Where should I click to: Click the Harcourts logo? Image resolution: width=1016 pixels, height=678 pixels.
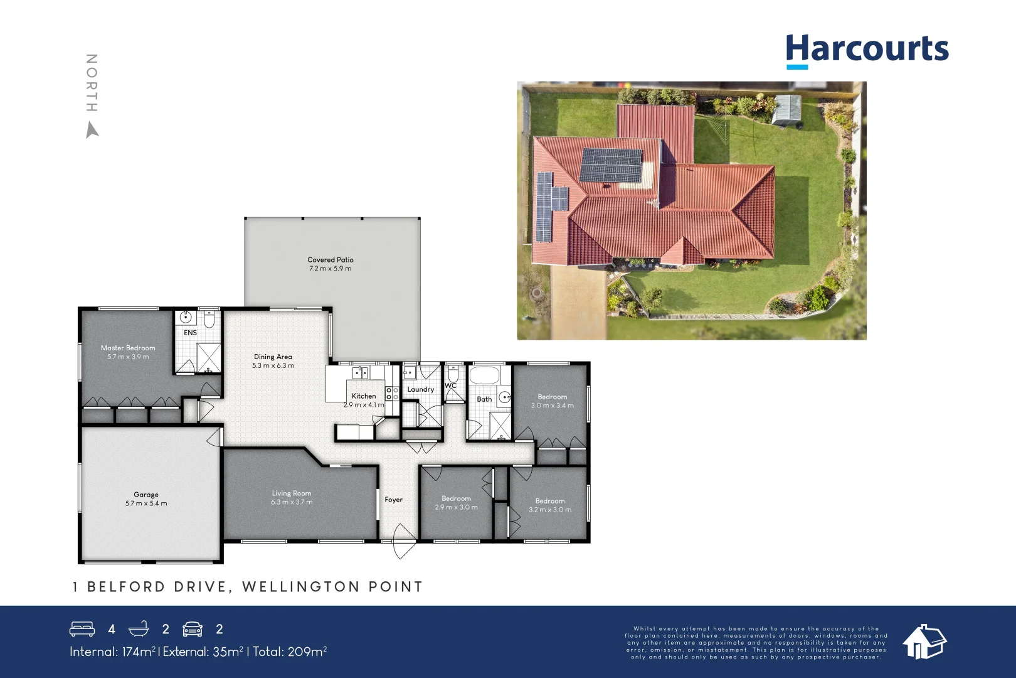coord(867,50)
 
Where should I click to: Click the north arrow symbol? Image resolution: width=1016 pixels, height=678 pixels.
coord(92,130)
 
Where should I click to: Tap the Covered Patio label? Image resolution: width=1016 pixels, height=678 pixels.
coord(331,260)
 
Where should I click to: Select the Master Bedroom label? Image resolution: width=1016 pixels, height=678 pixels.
coord(128,348)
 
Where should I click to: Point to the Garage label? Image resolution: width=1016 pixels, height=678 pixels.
coord(146,495)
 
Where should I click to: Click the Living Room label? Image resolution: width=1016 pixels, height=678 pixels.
coord(292,493)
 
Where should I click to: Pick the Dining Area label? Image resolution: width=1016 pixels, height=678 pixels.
coord(273,357)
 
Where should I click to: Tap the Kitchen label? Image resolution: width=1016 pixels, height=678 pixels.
coord(364,396)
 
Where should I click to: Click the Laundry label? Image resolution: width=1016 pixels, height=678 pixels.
coord(421,389)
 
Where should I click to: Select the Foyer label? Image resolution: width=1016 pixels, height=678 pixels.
coord(394,500)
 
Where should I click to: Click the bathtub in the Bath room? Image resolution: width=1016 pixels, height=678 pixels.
coord(484,376)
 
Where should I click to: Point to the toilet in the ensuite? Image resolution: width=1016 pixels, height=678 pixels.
coord(209,320)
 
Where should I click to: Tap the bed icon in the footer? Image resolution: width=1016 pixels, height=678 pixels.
coord(82,629)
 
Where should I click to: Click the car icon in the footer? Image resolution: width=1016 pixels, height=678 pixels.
coord(193,629)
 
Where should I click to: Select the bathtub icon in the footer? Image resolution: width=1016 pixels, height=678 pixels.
coord(138,629)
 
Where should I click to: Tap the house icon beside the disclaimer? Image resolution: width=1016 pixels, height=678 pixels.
coord(924,642)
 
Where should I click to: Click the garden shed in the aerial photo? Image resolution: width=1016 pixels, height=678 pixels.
coord(786,109)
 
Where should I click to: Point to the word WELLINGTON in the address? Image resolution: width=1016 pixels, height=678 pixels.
coord(300,587)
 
